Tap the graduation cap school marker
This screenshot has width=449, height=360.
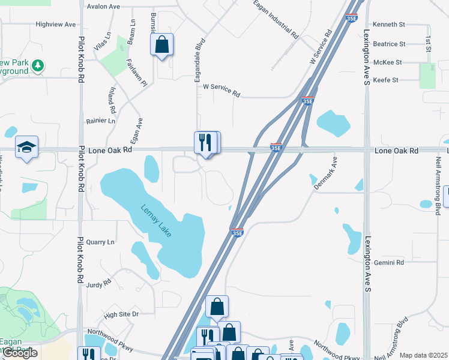(x=26, y=148)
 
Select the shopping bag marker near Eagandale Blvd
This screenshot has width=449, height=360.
(x=161, y=44)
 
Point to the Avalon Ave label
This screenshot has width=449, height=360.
(x=103, y=7)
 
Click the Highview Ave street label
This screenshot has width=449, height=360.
(x=56, y=25)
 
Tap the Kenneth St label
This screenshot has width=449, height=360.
(x=390, y=25)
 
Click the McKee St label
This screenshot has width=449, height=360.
(x=387, y=62)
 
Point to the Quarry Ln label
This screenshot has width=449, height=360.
(x=100, y=242)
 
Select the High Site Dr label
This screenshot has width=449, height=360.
(x=121, y=314)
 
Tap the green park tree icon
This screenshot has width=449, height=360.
(x=38, y=64)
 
